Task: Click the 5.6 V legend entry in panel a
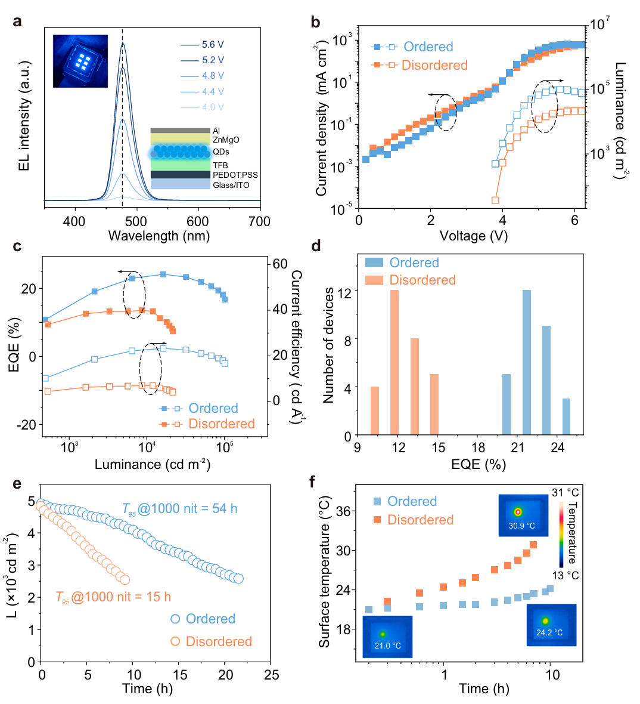[x=212, y=45]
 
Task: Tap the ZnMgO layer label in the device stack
[x=226, y=140]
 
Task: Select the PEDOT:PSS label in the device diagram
[x=235, y=175]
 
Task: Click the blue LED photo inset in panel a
[x=80, y=61]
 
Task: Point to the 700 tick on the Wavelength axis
[x=259, y=222]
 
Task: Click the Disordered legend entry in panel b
[x=434, y=65]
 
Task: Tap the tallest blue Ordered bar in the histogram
[x=527, y=362]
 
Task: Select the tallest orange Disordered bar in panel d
[x=394, y=362]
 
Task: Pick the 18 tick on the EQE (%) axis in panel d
[x=478, y=447]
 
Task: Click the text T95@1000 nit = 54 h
[x=179, y=509]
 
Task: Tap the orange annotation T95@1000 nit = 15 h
[x=113, y=597]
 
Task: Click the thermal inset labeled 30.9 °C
[x=522, y=515]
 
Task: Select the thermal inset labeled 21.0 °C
[x=387, y=637]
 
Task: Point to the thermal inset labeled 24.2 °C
[x=551, y=625]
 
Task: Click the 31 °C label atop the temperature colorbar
[x=566, y=493]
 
